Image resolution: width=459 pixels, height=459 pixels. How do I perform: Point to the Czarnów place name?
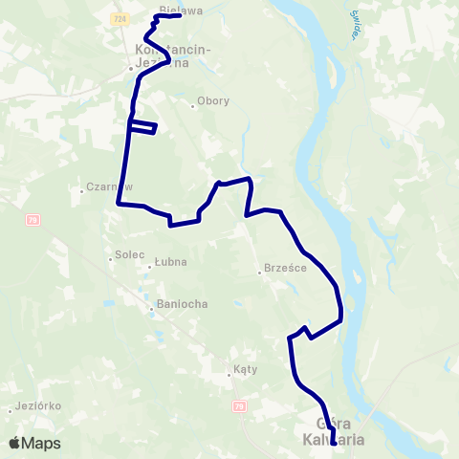(x=107, y=187)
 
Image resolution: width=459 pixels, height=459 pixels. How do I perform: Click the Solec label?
(x=129, y=255)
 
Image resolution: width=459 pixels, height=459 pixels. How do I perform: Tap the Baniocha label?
(x=182, y=304)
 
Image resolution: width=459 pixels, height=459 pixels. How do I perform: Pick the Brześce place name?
(x=285, y=269)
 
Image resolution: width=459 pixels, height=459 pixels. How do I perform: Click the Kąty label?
(x=245, y=368)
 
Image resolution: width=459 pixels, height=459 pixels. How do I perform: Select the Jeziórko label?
(x=39, y=405)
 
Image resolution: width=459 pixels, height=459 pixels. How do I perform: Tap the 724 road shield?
(x=119, y=17)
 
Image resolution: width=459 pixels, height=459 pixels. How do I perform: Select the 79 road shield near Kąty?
(x=238, y=407)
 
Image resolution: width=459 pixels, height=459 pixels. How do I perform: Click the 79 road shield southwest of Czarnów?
(x=33, y=220)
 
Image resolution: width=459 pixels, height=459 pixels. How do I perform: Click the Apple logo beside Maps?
(x=15, y=443)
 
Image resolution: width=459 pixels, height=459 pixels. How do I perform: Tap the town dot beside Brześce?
(x=259, y=273)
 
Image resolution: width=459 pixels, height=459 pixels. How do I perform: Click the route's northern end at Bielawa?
(x=180, y=15)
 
